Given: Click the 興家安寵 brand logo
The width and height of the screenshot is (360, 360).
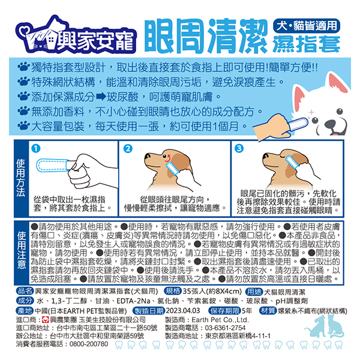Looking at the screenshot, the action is tap(76, 35).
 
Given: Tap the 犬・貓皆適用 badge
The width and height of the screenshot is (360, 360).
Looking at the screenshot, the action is tap(307, 25).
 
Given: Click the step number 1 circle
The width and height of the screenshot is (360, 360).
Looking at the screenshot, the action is tap(35, 148).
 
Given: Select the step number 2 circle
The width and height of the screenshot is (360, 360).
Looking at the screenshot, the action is tap(128, 149).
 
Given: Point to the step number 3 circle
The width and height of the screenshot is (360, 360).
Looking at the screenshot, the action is tap(239, 148).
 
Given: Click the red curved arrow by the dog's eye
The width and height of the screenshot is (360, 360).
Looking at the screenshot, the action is tap(168, 158).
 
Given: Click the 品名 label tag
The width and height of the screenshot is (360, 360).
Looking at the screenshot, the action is tap(25, 291).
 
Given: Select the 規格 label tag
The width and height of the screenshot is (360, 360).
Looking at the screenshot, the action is tap(173, 291).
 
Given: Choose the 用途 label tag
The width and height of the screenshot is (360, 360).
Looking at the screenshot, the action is tap(254, 292).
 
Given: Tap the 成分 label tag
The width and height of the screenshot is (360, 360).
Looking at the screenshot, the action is tap(25, 301).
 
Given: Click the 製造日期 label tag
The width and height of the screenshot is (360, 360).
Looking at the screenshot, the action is tap(149, 311).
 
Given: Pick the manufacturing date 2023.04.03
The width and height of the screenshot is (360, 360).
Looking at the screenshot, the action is tap(183, 311).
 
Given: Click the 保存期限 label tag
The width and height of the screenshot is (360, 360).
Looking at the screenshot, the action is tap(224, 311).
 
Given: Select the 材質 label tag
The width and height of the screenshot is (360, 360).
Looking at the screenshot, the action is tap(268, 311).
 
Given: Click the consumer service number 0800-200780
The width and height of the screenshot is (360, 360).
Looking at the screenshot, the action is tap(89, 344).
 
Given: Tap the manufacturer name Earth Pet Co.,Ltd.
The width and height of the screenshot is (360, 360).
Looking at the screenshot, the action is tap(220, 320).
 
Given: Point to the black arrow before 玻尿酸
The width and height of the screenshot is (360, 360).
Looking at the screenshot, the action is tap(101, 97).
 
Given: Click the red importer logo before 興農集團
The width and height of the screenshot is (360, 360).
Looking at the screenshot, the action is tap(46, 320).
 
